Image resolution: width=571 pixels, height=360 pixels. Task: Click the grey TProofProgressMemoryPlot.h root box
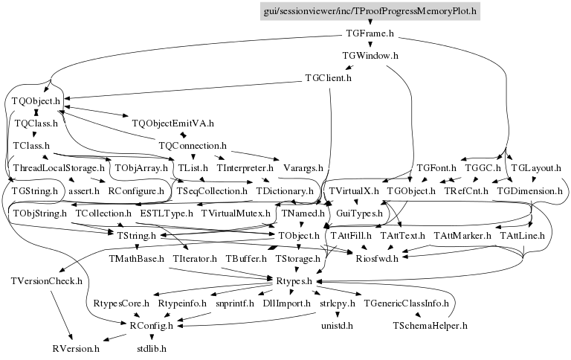click(x=370, y=11)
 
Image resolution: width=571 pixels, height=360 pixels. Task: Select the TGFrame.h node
click(x=370, y=33)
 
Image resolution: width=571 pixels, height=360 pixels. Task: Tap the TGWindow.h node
click(x=370, y=56)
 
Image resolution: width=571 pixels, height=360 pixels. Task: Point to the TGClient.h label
click(x=328, y=78)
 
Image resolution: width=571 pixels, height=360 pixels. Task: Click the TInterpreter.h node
click(x=246, y=168)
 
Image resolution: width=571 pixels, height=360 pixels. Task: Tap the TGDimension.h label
click(x=530, y=191)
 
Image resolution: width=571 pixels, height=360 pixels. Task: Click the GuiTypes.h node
click(x=359, y=213)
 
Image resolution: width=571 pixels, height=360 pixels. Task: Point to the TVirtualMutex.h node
click(x=236, y=213)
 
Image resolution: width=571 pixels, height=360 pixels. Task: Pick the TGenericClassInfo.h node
click(x=406, y=303)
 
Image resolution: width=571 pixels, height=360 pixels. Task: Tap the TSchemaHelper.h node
click(x=430, y=326)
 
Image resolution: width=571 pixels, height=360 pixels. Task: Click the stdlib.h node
click(x=152, y=348)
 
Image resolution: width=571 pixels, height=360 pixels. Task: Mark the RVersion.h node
click(x=76, y=348)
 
